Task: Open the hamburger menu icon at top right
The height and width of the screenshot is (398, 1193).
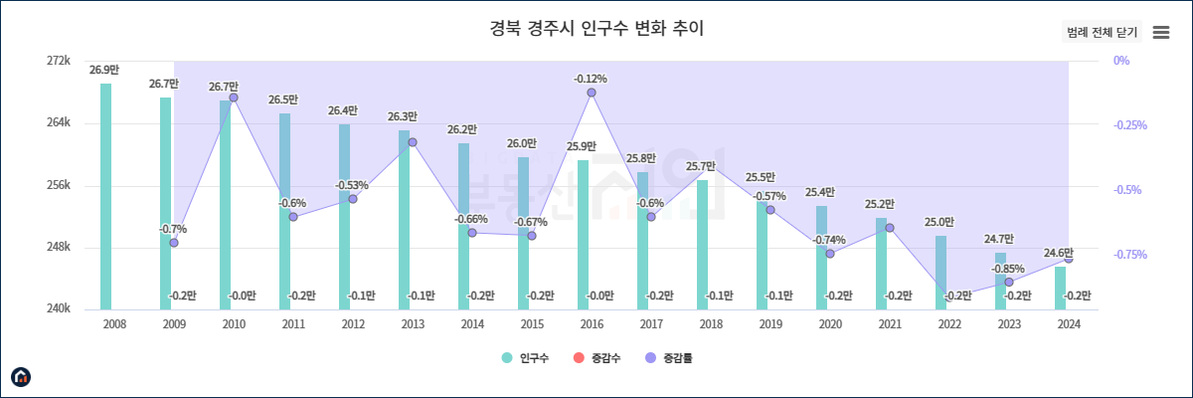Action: [1160, 33]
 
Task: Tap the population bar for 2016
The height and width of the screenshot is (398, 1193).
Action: [584, 234]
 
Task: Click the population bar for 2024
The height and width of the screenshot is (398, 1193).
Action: [1061, 288]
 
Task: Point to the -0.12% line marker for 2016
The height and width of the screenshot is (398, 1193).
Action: [592, 93]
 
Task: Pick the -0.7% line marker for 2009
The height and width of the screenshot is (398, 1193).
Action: [174, 243]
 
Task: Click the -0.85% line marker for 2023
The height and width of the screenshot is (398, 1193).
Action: [1009, 283]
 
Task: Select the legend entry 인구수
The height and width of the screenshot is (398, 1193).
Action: [526, 358]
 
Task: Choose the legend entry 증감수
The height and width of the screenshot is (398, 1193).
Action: [596, 358]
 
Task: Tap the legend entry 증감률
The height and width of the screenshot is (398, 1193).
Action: [668, 358]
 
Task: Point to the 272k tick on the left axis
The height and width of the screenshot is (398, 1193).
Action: [59, 62]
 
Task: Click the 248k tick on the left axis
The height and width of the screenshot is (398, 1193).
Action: [59, 248]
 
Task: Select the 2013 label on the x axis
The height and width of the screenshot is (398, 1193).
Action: [413, 324]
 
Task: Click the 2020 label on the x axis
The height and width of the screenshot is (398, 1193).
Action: [830, 324]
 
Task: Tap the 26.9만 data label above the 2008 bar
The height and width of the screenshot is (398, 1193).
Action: [104, 71]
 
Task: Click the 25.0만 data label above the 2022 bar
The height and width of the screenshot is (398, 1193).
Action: [939, 223]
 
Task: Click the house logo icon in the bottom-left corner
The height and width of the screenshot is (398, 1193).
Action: [21, 377]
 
